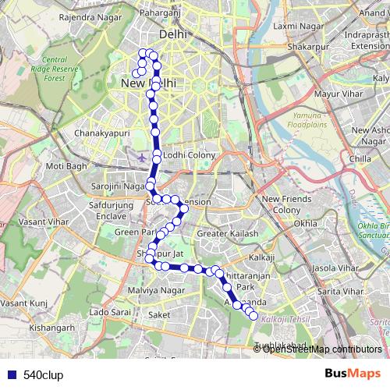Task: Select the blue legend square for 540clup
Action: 8,374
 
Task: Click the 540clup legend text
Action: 43,374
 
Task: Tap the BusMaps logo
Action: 353,374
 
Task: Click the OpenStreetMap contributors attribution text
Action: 321,349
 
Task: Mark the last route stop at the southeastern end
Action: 253,316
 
